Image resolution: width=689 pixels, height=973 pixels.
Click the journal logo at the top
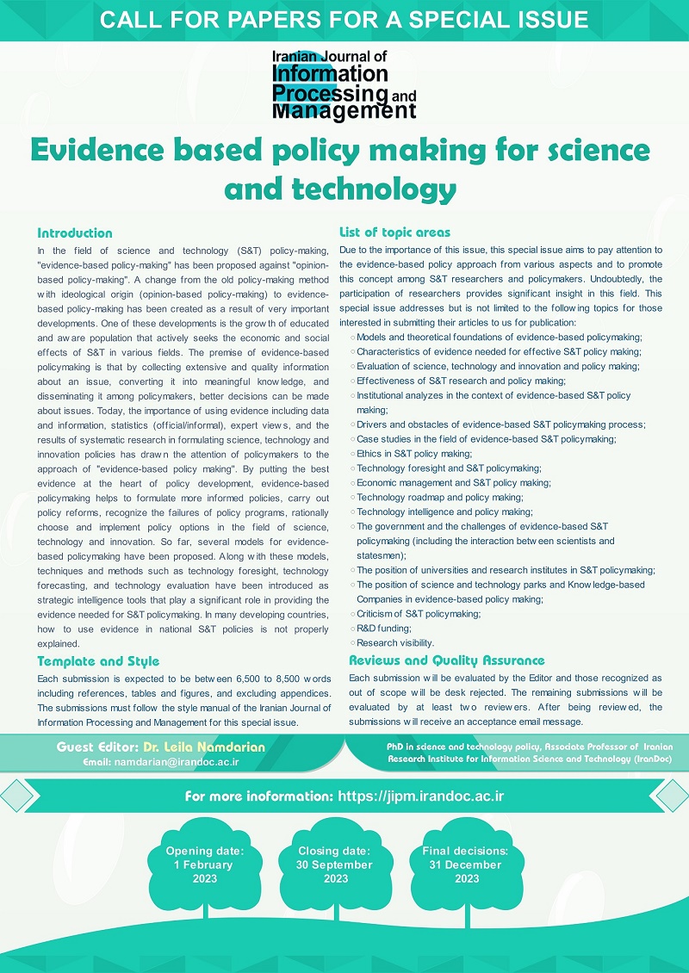(x=344, y=84)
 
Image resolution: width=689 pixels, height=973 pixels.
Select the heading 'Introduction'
(x=74, y=232)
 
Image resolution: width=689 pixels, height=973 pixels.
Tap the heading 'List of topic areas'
(x=394, y=232)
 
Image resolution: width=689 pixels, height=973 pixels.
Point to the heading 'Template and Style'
(x=98, y=661)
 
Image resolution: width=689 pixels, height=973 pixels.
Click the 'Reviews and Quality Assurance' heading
(x=446, y=660)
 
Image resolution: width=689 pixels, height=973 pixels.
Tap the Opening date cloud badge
(x=204, y=865)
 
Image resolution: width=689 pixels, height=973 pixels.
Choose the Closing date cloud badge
(x=335, y=865)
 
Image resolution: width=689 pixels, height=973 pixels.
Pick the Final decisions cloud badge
(x=466, y=865)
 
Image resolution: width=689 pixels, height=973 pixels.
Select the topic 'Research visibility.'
(x=395, y=642)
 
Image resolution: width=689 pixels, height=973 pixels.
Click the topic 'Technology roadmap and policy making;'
(x=439, y=497)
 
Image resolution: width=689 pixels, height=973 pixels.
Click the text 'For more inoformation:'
(x=258, y=796)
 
